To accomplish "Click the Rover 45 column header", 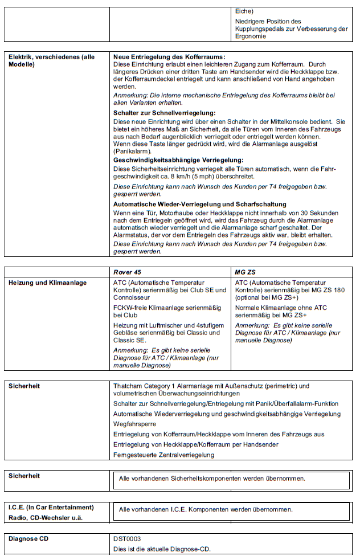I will tap(129, 272).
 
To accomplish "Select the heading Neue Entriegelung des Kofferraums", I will tap(169, 57).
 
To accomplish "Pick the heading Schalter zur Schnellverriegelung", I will tap(164, 113).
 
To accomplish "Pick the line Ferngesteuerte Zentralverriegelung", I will tap(163, 455).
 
